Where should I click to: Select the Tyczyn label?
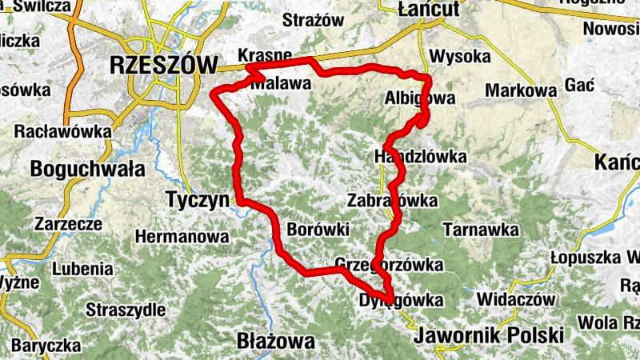[196, 198]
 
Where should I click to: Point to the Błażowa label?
[276, 342]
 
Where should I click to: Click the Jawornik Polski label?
[489, 334]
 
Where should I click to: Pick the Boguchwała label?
[87, 169]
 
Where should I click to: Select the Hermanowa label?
[182, 237]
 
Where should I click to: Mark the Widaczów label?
[516, 299]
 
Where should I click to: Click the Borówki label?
[318, 230]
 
